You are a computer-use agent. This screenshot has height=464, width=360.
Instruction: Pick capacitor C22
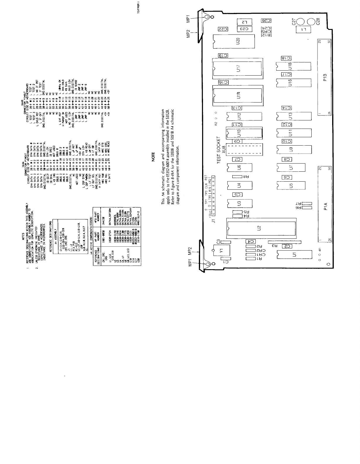point(223,29)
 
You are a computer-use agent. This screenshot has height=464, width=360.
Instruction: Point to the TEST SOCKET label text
point(219,150)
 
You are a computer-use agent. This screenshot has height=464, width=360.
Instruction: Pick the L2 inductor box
point(244,22)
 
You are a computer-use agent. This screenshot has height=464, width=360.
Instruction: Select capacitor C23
point(244,29)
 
